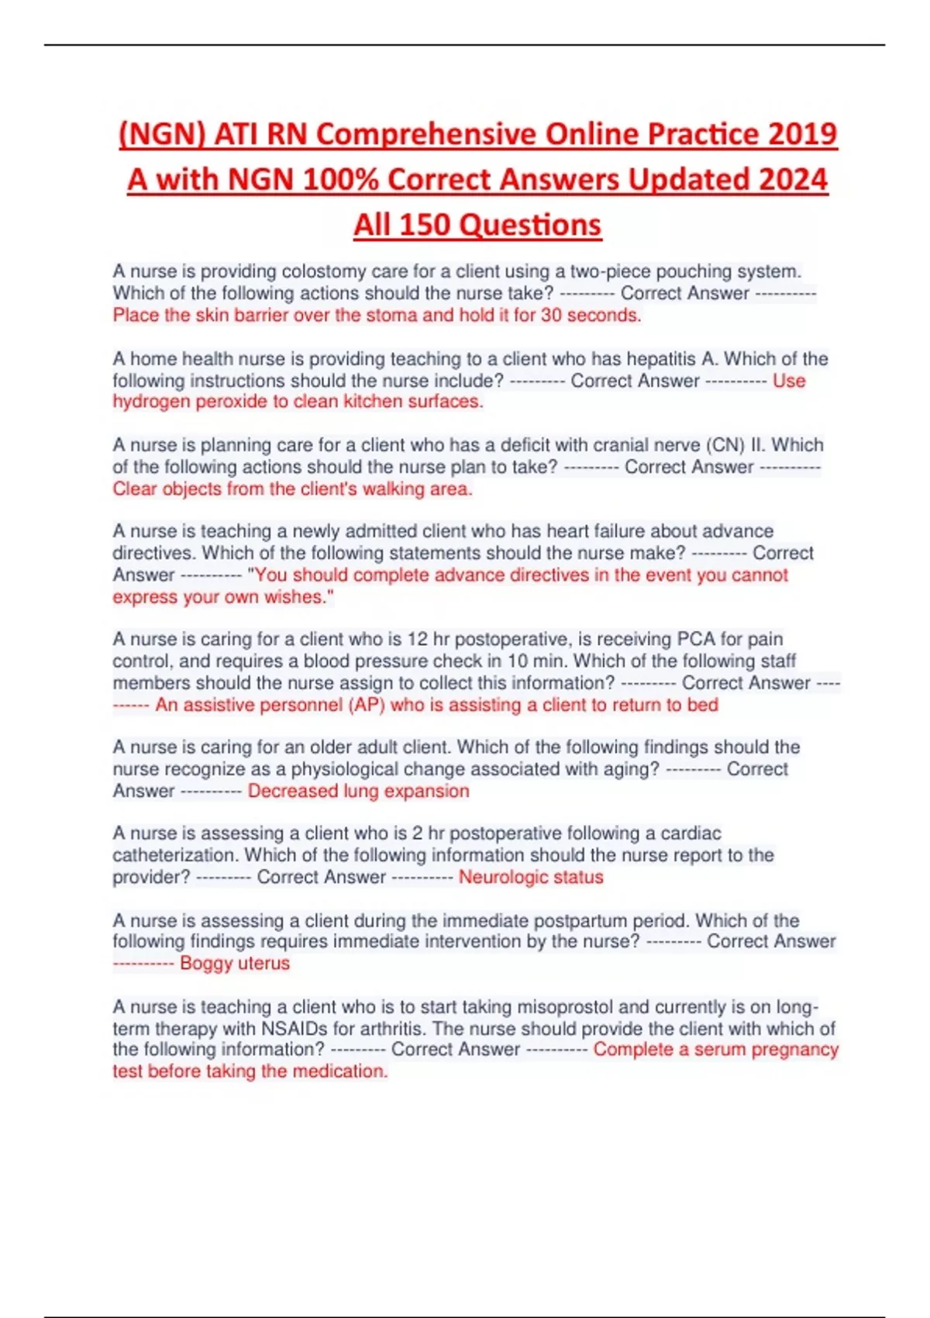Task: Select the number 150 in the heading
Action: [425, 225]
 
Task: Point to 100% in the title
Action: [341, 180]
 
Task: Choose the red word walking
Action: [393, 489]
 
